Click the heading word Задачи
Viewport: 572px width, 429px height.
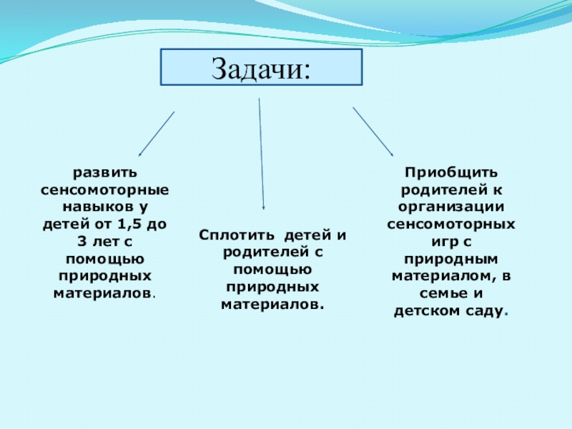tap(261, 69)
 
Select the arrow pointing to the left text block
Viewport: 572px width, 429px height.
tap(156, 134)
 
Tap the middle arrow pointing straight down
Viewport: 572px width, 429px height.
tap(261, 154)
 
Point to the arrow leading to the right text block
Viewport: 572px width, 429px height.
tap(373, 132)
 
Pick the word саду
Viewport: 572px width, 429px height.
tap(484, 312)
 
